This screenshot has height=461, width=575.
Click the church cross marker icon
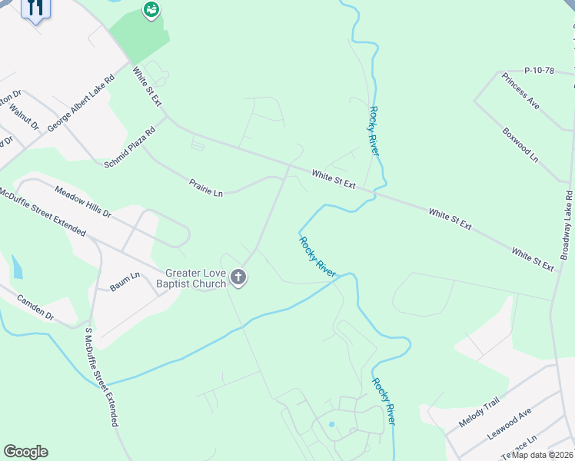[238, 278]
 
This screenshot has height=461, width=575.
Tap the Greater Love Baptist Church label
[196, 278]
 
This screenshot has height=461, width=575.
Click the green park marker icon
[151, 10]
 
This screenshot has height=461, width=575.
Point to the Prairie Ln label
[206, 187]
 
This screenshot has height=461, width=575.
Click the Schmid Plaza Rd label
[129, 146]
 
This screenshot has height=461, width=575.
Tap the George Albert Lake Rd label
[81, 102]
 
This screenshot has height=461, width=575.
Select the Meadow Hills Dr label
[83, 201]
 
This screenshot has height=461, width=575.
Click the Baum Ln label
[125, 276]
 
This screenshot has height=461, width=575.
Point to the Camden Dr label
[35, 307]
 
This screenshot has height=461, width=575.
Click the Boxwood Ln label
[520, 143]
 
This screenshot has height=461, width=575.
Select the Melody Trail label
[479, 413]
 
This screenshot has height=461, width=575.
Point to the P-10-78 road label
[539, 71]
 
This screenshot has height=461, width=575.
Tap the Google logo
[25, 452]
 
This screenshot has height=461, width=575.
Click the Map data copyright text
[543, 455]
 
